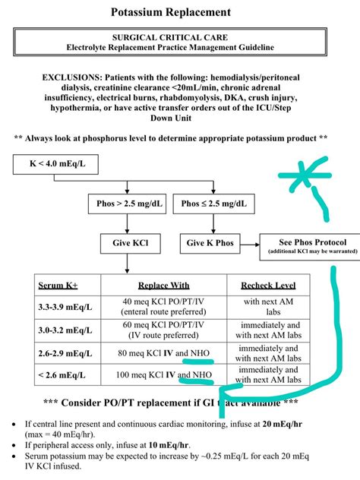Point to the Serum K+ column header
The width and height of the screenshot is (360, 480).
58,286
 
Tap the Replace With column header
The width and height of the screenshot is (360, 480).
163,286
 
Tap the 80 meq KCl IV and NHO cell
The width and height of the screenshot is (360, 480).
163,353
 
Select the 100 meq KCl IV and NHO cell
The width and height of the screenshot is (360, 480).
163,374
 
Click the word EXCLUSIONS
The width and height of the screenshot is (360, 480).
81,77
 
